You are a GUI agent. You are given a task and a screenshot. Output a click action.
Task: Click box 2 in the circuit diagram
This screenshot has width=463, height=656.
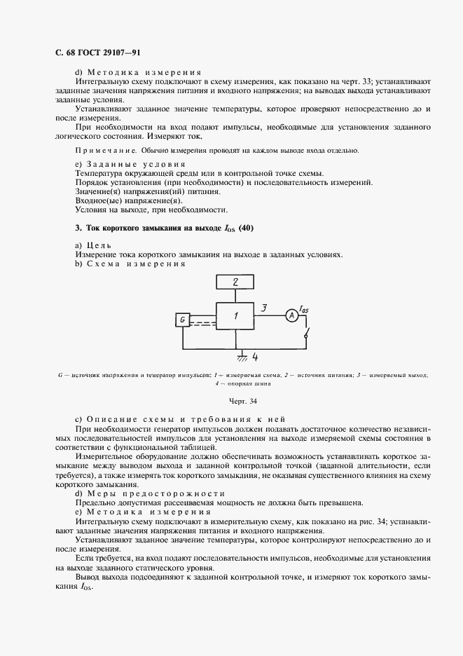[235, 282]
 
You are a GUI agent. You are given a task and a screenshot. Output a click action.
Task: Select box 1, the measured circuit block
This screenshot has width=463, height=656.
[235, 317]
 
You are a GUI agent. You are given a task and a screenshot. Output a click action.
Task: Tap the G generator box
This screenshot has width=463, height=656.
[182, 320]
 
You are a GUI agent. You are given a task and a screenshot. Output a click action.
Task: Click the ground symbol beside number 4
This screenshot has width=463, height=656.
[241, 357]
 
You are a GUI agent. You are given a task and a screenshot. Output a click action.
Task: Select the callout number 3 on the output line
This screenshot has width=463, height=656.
[263, 307]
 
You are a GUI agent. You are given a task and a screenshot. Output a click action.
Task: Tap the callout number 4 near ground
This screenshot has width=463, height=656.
[255, 357]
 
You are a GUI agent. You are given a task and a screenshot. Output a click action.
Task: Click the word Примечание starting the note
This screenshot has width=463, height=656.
[106, 150]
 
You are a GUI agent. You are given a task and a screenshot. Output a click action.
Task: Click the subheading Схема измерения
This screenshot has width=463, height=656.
[134, 264]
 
